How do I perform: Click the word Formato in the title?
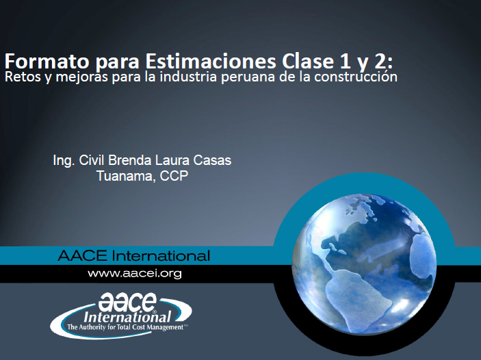(x=47, y=61)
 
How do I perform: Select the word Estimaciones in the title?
(x=211, y=61)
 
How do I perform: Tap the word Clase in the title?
(x=308, y=61)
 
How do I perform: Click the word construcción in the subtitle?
(x=356, y=77)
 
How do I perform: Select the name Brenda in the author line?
(x=130, y=160)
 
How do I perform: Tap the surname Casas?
(x=212, y=160)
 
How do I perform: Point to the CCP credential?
(x=174, y=176)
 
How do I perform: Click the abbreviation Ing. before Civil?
(x=64, y=161)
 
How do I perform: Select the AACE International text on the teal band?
(x=133, y=255)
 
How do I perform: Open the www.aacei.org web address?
(x=135, y=274)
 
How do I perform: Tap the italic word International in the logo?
(x=127, y=316)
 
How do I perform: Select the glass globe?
(x=364, y=263)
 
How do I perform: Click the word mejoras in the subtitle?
(x=82, y=77)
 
